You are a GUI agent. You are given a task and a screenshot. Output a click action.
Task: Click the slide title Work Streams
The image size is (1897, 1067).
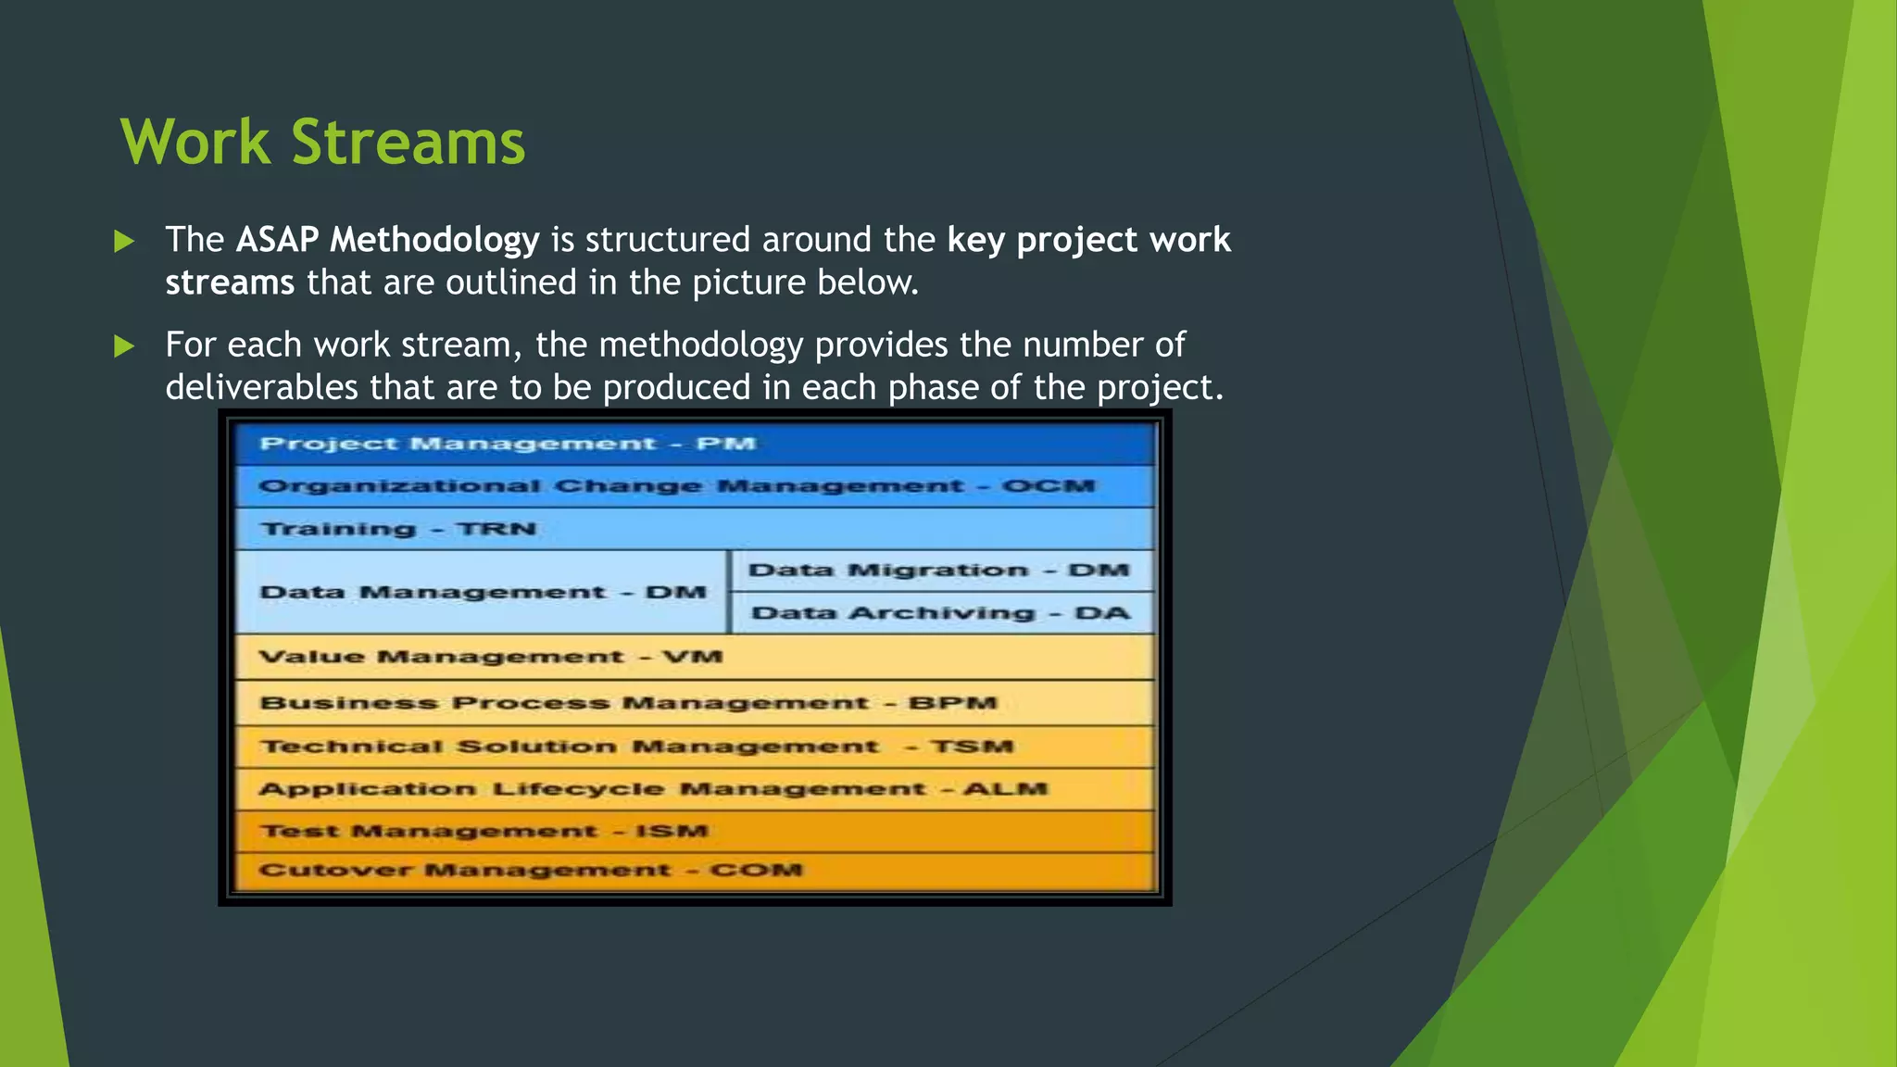pos(322,143)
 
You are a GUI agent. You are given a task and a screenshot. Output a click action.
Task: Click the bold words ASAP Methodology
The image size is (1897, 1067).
pos(387,240)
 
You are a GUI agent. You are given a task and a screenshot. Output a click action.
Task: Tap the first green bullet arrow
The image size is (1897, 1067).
pos(124,242)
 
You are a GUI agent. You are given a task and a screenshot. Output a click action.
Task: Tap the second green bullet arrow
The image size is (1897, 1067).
pos(124,346)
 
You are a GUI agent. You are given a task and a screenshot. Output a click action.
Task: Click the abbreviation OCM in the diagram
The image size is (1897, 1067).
pos(1048,486)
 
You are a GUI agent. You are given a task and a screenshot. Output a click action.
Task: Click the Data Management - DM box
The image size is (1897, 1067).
pos(482,592)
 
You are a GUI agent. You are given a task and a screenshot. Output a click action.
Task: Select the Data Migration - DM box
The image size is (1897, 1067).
pos(939,571)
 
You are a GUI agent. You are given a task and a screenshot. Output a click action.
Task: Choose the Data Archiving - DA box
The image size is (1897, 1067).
pos(940,613)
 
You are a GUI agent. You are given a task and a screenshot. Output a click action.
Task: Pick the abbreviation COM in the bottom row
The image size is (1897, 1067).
pos(756,871)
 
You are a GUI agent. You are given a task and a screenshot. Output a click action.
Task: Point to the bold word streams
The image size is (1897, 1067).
pos(230,282)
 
